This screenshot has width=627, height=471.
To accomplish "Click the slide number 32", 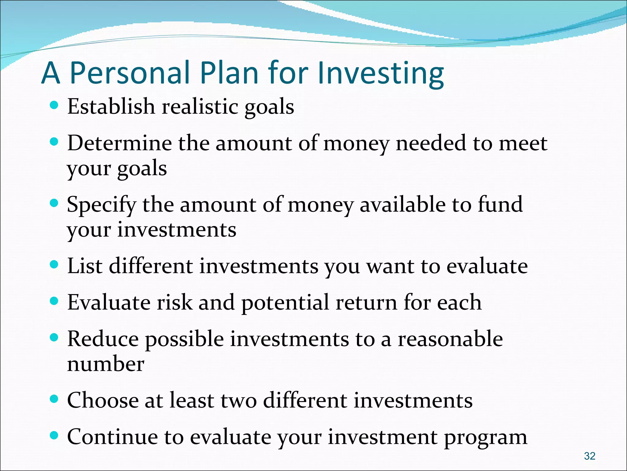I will (590, 456).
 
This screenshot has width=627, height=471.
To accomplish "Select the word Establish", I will (111, 106).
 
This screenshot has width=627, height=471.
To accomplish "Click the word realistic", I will (200, 107).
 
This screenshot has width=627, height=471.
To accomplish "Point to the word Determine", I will (119, 143).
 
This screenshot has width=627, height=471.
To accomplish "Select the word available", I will (402, 205).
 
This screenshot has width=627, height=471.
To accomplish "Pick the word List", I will (85, 266).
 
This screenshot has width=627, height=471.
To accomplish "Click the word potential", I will (285, 303).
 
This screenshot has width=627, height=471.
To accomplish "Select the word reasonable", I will (450, 340).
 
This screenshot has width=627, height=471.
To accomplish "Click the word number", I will (106, 364).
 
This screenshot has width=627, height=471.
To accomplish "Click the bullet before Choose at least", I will (54, 399).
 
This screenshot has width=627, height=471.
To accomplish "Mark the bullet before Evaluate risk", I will (54, 301).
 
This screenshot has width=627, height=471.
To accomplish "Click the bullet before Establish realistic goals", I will (54, 105).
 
